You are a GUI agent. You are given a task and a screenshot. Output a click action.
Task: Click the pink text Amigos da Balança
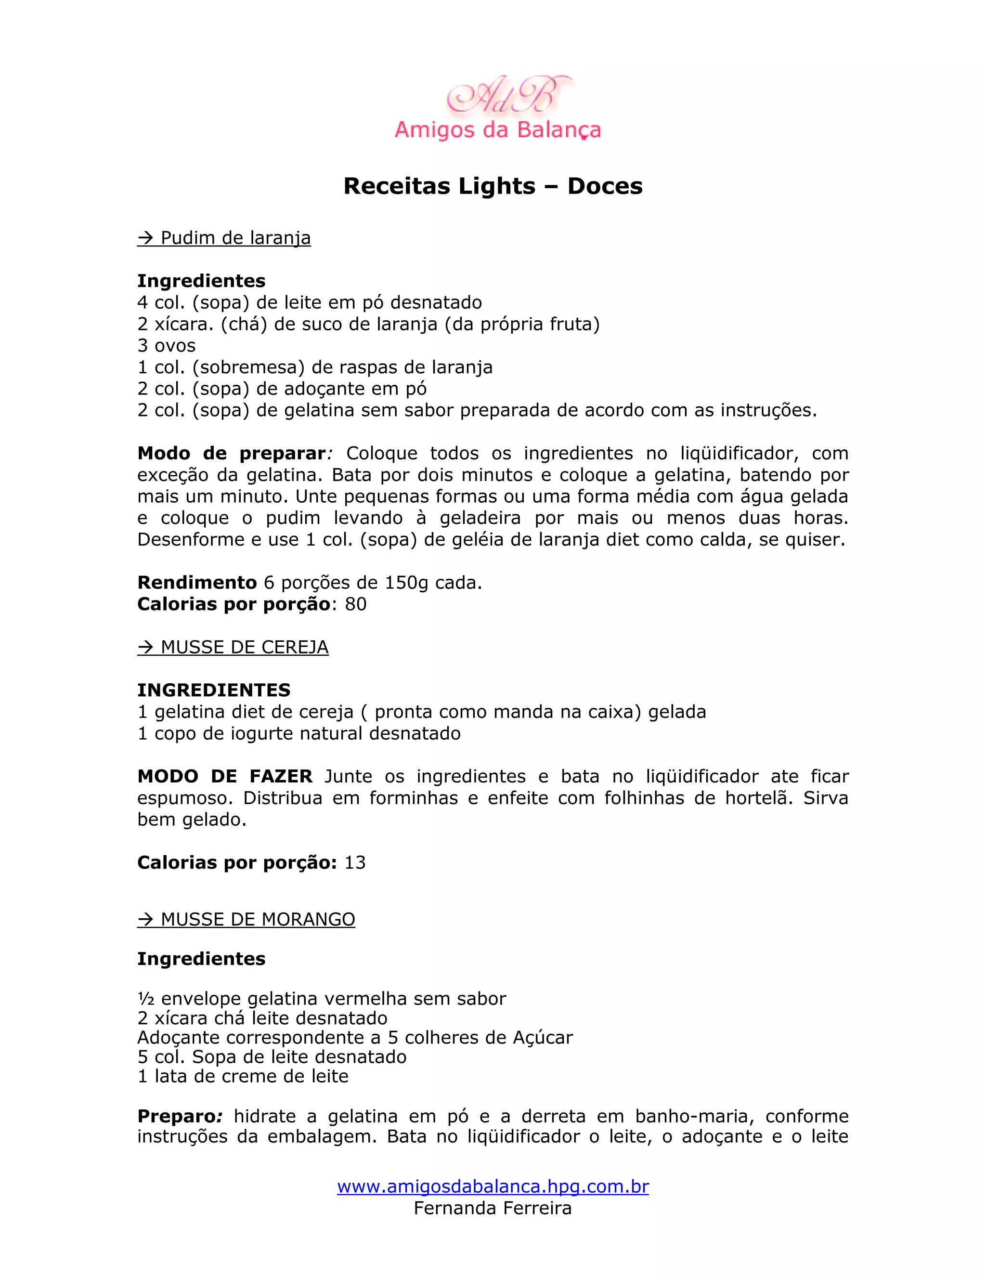[x=498, y=130]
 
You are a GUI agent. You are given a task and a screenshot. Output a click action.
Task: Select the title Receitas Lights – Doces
[x=493, y=186]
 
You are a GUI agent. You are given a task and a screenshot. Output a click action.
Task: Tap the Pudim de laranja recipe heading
[x=224, y=238]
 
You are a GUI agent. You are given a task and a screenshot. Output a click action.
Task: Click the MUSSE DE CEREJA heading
[x=233, y=647]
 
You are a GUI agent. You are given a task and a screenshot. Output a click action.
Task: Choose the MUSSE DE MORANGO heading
[x=246, y=919]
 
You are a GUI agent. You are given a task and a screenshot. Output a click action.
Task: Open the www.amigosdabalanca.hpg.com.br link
[x=493, y=1186]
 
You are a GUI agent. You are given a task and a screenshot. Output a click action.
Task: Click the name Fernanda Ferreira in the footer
[x=493, y=1208]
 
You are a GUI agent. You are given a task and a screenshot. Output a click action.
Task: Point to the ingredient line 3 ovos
[x=167, y=345]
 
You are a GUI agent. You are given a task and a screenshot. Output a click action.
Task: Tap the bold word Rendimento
[x=197, y=583]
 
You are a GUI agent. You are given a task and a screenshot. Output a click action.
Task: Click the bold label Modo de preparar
[x=231, y=454]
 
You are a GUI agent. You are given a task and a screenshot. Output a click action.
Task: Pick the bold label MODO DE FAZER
[x=225, y=777]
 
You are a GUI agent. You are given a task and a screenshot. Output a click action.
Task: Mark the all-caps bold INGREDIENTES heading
[x=214, y=690]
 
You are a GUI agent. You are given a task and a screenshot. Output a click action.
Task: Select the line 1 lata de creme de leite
[x=243, y=1076]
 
